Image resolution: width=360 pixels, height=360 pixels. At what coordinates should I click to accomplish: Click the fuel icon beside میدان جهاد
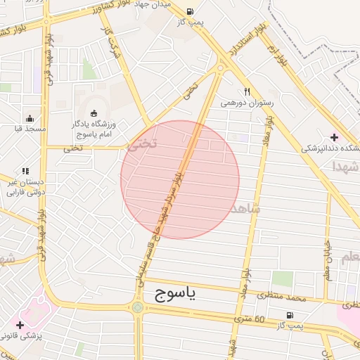tap(190, 11)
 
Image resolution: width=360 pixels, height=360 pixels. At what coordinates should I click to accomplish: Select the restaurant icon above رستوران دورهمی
tap(247, 91)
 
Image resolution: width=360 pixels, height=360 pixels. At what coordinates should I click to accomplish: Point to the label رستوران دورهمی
tap(246, 103)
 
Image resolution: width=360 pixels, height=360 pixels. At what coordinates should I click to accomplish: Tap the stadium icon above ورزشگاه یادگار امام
tap(94, 113)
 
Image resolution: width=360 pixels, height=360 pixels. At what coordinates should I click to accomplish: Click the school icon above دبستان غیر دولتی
tap(25, 170)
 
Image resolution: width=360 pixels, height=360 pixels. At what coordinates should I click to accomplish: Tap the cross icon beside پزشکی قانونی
tap(20, 325)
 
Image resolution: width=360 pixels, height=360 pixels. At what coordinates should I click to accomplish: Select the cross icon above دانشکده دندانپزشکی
tap(333, 136)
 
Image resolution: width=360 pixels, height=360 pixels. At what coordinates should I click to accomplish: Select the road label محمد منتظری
tap(282, 298)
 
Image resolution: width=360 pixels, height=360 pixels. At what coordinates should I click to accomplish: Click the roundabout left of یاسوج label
tap(137, 307)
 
